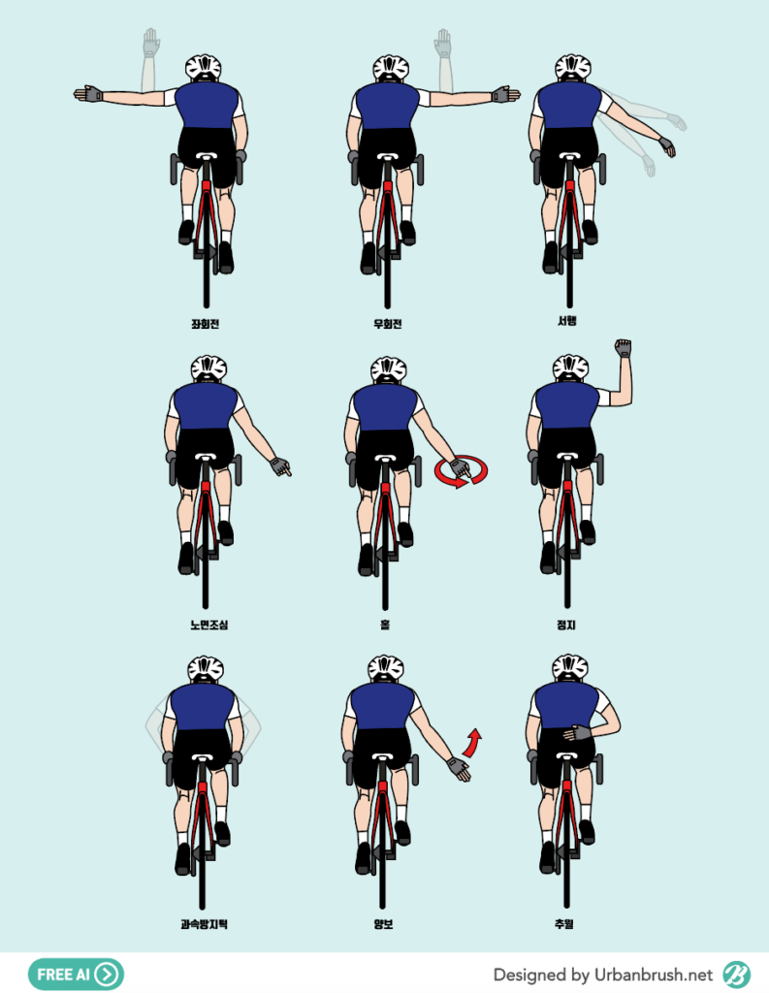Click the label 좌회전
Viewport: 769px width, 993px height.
206,324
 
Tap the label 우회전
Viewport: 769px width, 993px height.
388,324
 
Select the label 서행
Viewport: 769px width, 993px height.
567,320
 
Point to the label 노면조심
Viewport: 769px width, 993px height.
209,625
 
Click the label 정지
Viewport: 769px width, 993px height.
566,625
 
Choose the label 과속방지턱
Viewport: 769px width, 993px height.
204,924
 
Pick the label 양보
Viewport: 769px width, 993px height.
383,924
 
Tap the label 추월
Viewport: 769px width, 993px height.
563,924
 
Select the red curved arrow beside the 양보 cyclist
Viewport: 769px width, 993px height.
471,744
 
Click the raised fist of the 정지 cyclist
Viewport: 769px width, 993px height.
624,348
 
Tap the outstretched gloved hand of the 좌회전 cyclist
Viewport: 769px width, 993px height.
88,94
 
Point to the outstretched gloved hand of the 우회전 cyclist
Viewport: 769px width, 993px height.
505,95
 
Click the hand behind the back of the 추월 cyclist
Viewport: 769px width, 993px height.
577,733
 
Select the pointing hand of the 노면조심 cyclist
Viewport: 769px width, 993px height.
280,467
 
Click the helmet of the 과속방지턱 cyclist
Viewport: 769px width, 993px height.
206,669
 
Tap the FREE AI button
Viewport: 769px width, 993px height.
76,974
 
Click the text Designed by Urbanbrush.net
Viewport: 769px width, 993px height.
602,974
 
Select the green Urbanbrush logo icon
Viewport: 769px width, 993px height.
736,974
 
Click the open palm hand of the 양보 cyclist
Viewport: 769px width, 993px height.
459,769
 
